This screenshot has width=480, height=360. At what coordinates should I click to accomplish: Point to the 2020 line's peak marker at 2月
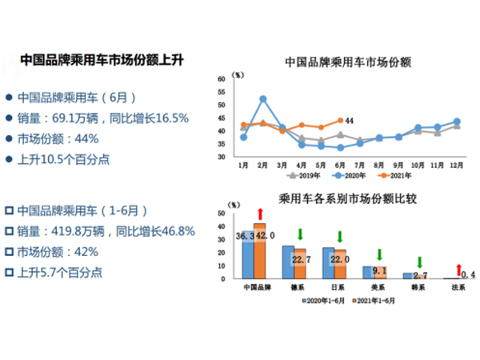tap(263, 99)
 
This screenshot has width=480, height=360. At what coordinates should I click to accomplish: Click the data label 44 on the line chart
tap(349, 121)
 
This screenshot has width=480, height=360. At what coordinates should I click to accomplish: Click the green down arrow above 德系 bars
tap(298, 234)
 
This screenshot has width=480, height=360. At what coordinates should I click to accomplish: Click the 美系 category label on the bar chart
tap(376, 286)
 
